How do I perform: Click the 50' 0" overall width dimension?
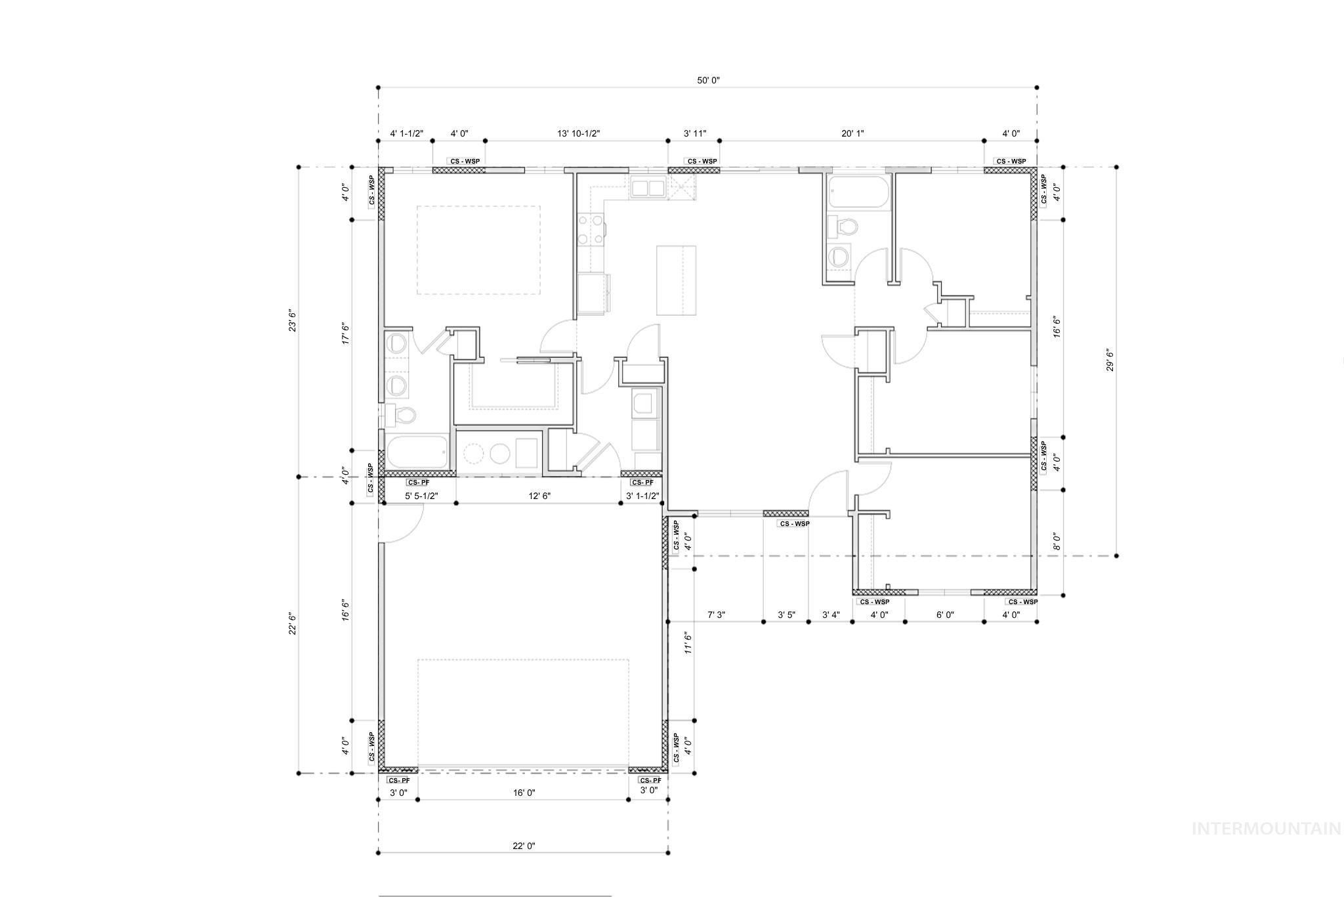708,81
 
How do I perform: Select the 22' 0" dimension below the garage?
524,846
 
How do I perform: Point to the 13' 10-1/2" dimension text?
579,134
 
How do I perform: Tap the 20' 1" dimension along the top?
852,134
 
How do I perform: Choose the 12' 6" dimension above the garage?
539,496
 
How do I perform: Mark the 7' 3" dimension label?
716,615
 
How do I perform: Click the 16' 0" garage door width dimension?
524,793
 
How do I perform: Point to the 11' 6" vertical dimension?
688,644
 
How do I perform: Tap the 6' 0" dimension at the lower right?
945,615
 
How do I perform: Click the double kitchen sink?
648,188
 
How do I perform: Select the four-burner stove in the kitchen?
591,230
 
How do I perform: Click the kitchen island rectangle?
676,280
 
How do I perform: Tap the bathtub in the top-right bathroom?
858,192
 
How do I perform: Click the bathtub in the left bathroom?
416,452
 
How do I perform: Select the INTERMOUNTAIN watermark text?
1266,829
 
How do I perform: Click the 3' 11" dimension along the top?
695,134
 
